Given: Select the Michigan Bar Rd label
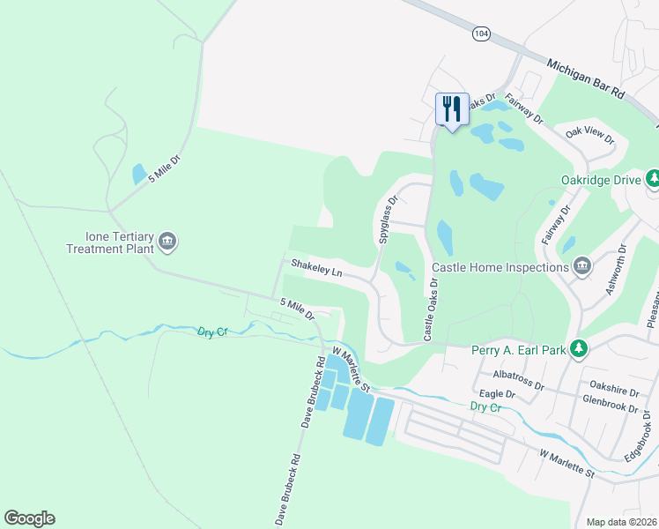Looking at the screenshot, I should click(585, 79).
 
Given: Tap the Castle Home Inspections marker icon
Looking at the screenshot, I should click(581, 267).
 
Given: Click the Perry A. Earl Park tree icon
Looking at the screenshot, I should click(578, 350).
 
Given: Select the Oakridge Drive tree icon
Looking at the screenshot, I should click(653, 180).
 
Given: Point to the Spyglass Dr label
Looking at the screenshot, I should click(387, 220).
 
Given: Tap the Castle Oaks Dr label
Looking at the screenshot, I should click(431, 309).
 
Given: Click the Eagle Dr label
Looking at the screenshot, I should click(497, 394).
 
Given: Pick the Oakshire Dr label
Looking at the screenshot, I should click(614, 385).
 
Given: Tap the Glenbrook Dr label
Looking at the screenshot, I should click(610, 400).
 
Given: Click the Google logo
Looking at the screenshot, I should click(29, 518).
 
